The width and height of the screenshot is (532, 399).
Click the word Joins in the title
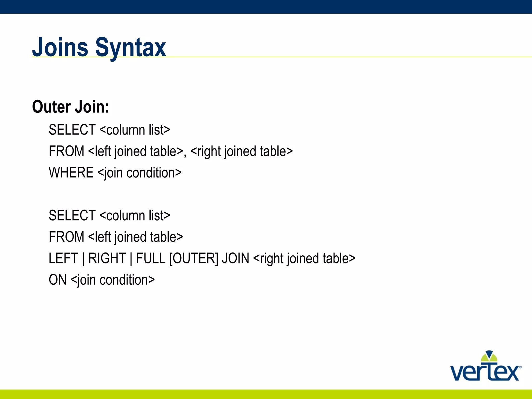click(60, 47)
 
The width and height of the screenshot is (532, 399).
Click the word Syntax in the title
click(131, 48)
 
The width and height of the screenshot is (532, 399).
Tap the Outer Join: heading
click(71, 107)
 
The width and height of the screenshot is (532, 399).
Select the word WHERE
click(71, 172)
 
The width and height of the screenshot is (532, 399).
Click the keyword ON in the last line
click(58, 280)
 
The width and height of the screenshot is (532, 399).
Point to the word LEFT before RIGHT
click(63, 258)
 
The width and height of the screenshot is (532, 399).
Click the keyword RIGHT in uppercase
click(107, 258)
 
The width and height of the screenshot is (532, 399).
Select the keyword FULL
click(151, 258)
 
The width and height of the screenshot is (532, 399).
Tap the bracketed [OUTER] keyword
click(194, 258)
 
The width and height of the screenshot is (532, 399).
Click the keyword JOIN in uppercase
click(236, 258)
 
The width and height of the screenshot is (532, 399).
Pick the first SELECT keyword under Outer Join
click(72, 130)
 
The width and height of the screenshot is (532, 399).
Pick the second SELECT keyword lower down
click(72, 215)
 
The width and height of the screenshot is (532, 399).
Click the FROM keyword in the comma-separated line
click(66, 151)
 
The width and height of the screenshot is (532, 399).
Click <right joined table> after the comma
click(241, 151)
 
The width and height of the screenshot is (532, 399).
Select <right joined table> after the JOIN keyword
click(304, 258)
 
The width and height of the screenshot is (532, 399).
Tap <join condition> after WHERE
click(139, 173)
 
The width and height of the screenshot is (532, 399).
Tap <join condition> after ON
click(112, 280)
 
